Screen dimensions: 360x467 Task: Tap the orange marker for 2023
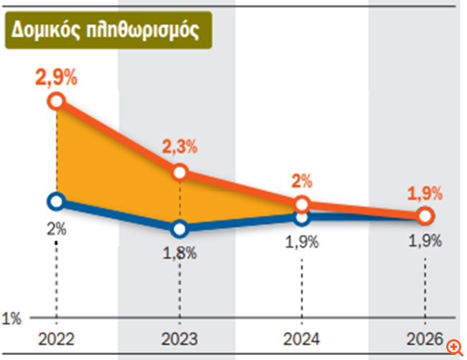(180, 172)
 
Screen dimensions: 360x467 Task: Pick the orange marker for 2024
(302, 203)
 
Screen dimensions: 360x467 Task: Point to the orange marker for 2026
(425, 216)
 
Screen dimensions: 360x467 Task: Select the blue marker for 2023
(180, 229)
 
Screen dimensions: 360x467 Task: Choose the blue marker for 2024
(302, 216)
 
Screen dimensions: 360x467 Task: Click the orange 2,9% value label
(57, 78)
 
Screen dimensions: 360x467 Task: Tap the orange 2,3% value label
(180, 148)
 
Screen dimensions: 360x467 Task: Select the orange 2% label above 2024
(302, 181)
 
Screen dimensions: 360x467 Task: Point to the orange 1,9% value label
(425, 193)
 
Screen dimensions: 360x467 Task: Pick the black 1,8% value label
(180, 253)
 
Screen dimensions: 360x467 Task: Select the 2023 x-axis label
(180, 338)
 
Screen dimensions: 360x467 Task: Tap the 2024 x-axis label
(302, 338)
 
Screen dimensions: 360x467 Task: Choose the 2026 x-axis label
(425, 338)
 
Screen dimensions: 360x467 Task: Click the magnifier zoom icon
(454, 347)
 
